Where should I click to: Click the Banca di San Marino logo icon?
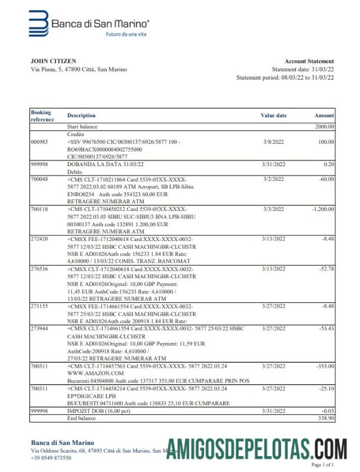pos(39,24)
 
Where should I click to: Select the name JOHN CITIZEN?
pos(53,61)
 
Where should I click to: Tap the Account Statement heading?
pos(309,61)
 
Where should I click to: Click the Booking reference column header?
pos(41,115)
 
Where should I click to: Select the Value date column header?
pos(273,115)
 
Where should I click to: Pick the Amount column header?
pos(324,115)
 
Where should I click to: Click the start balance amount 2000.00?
pos(324,126)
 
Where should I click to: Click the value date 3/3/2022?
pos(273,209)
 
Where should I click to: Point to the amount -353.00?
pos(323,366)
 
